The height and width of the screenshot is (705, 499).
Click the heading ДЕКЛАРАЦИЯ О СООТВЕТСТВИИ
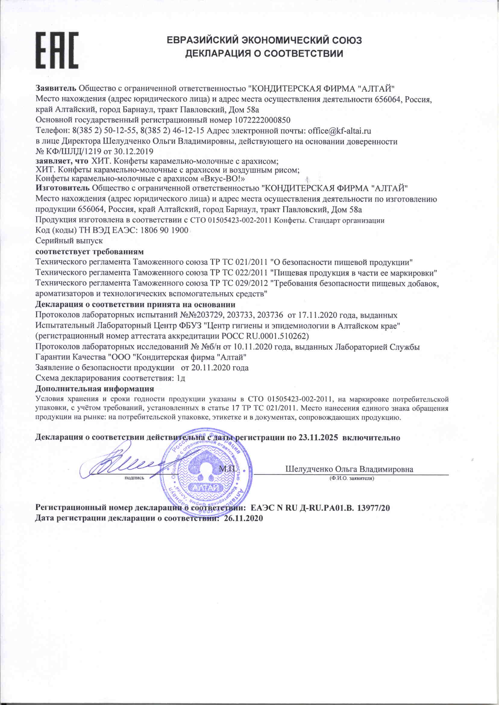(264, 54)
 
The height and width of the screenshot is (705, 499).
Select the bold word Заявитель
(56, 89)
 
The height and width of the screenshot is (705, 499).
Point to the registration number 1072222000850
(262, 120)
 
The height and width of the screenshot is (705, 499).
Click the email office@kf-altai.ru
(339, 131)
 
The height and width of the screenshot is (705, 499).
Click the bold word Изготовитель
(63, 188)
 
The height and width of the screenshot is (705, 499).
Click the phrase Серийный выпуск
(69, 240)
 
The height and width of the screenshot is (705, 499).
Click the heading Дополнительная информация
(95, 389)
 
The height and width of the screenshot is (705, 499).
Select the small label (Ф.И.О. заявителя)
(351, 479)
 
